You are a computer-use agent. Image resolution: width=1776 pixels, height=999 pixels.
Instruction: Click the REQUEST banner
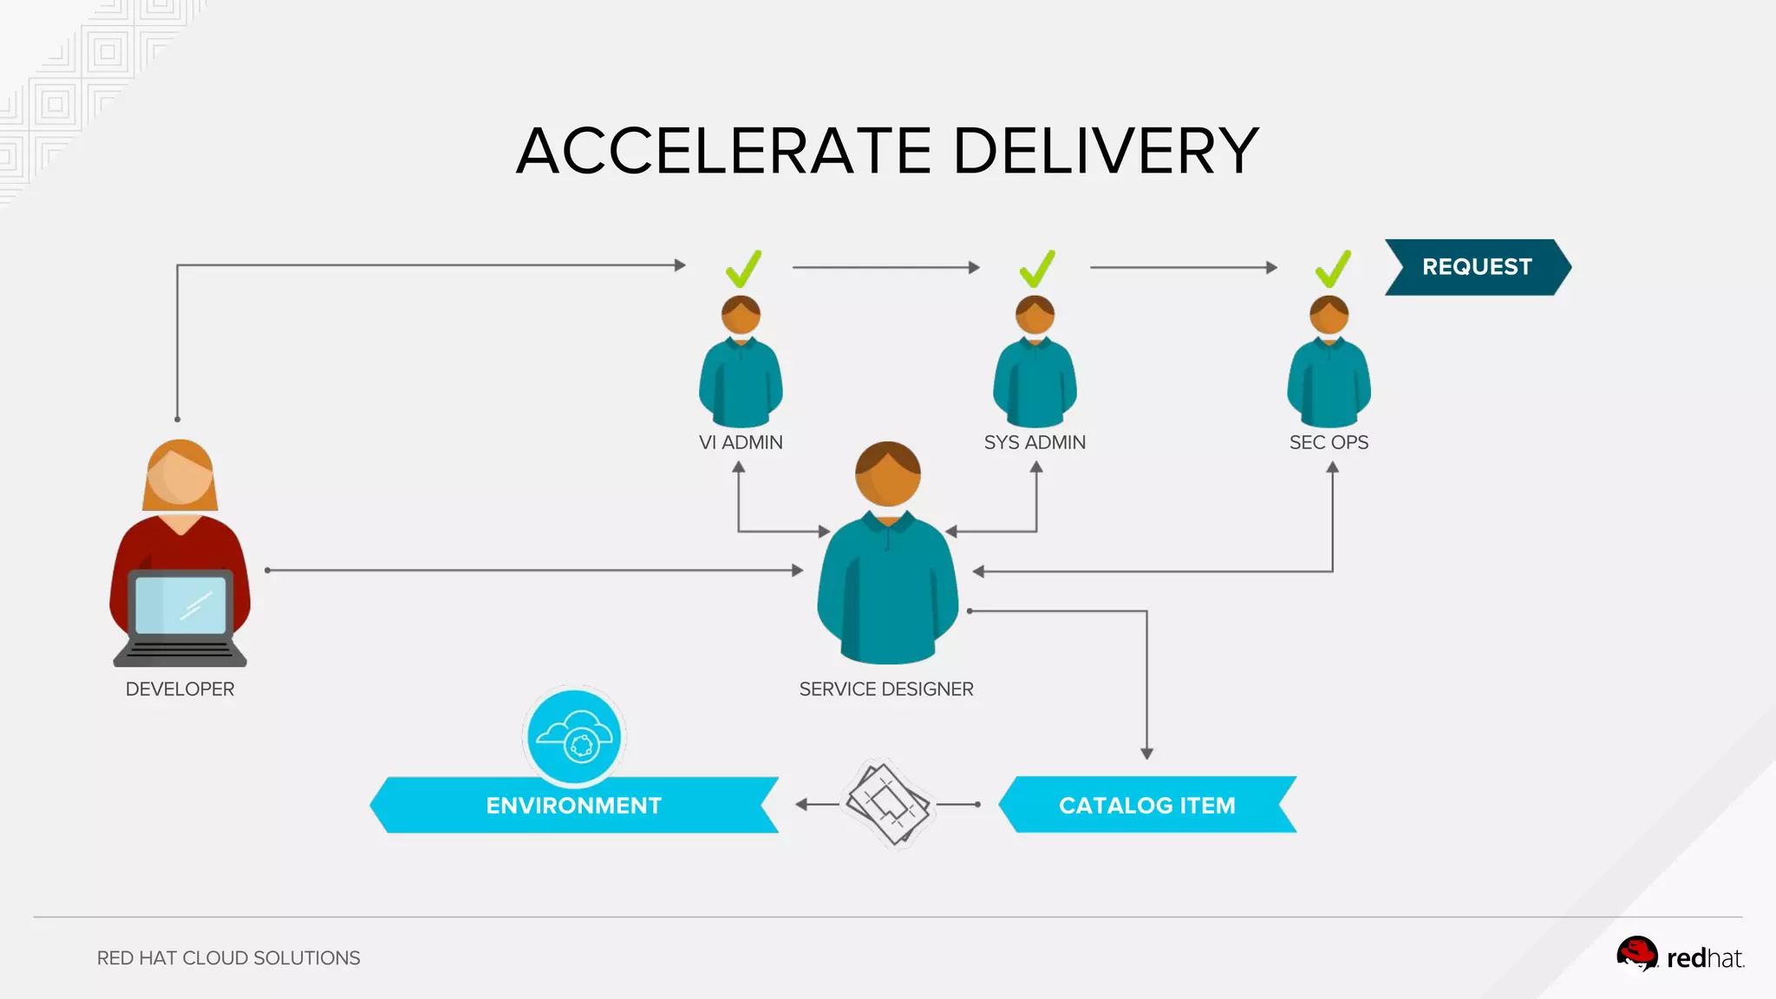[1477, 267]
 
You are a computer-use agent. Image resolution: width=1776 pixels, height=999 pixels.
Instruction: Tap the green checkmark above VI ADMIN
[743, 270]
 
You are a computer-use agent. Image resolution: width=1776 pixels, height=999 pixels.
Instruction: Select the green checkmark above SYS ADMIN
[1037, 270]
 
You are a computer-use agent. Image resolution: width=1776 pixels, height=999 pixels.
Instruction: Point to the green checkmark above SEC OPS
[1333, 270]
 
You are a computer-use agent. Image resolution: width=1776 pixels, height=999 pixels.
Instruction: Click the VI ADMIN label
[741, 442]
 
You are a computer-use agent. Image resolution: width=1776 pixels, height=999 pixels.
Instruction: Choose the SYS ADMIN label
[1035, 442]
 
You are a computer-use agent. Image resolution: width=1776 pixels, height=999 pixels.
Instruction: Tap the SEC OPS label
[1329, 442]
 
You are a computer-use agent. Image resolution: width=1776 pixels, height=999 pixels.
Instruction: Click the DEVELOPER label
[180, 689]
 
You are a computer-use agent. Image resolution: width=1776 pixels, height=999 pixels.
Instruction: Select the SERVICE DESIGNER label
[886, 689]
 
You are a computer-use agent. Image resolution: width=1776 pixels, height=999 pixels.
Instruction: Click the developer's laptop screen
[180, 604]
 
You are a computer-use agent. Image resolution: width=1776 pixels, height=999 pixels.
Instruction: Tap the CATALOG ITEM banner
[1146, 805]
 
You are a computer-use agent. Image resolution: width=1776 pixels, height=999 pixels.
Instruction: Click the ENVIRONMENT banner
[573, 806]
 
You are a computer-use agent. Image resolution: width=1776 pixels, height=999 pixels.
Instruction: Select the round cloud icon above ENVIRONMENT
[574, 737]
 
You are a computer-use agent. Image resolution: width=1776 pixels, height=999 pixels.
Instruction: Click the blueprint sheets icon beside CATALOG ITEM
[887, 804]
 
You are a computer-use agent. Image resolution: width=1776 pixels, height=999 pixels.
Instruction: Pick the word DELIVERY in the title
[1106, 151]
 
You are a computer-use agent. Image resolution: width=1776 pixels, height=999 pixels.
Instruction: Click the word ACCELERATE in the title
[724, 151]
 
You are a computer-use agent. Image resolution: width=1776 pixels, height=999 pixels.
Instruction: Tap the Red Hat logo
[1680, 956]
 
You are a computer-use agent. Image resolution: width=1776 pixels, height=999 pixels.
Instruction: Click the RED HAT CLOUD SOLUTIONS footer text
[228, 958]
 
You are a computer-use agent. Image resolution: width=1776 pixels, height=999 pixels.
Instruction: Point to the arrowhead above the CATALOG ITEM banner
[1146, 754]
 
